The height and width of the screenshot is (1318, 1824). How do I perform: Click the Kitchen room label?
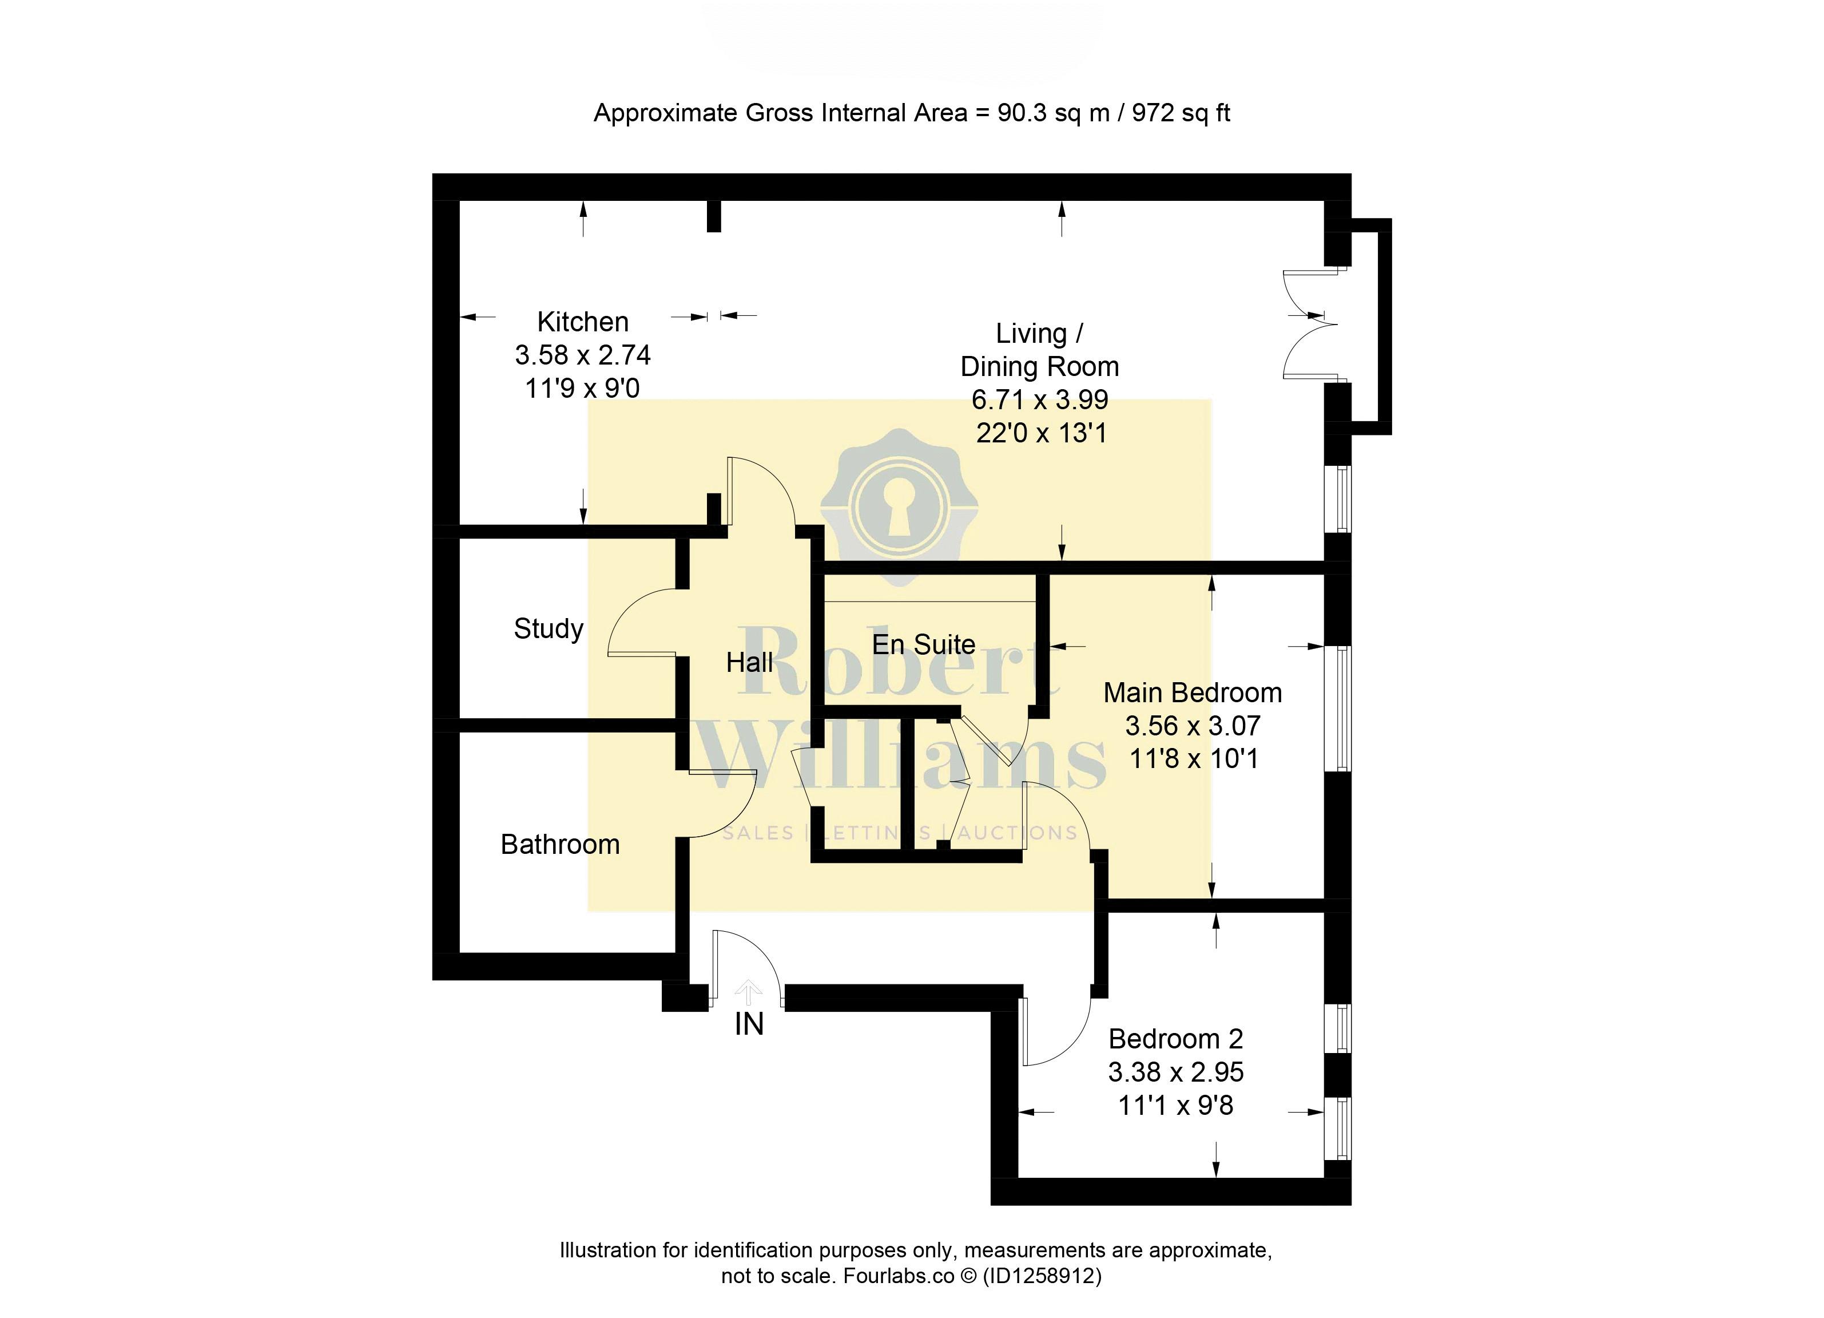click(x=582, y=322)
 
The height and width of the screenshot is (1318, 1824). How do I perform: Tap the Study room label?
click(x=549, y=629)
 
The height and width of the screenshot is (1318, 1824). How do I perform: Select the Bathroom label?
click(x=560, y=844)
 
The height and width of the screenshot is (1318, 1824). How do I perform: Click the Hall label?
click(x=749, y=662)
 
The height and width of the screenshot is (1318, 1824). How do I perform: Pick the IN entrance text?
click(x=749, y=1024)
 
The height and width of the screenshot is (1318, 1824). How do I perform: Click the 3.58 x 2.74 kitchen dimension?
click(x=582, y=355)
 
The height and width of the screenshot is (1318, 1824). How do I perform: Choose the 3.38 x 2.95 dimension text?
click(x=1176, y=1072)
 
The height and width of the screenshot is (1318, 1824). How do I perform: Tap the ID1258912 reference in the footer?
click(x=1042, y=1275)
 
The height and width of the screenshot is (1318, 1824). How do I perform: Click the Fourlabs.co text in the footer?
click(x=899, y=1275)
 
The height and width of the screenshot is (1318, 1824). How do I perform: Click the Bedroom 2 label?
click(x=1176, y=1039)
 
